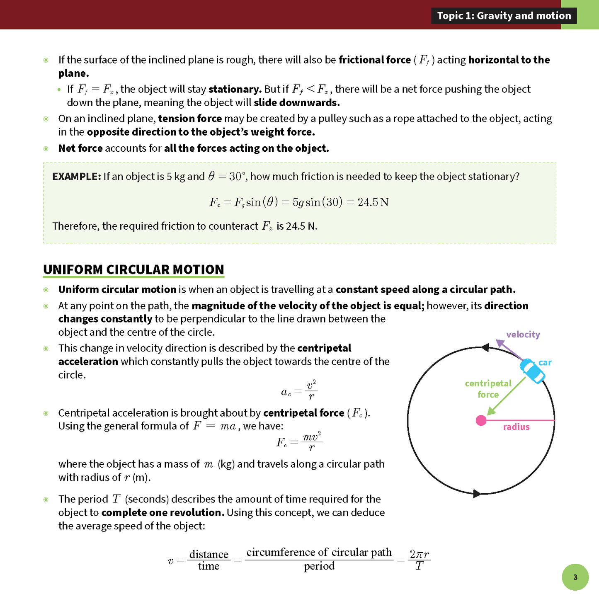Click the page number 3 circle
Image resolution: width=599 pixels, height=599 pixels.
[575, 577]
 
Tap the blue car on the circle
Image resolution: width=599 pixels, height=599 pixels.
[532, 371]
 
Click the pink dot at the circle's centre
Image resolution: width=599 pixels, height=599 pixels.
[481, 421]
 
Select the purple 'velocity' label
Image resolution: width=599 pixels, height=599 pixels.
[523, 335]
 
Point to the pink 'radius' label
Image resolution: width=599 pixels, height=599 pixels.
[516, 427]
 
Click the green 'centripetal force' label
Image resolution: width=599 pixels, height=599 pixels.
[488, 389]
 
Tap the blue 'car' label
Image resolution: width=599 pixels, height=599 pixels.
[545, 362]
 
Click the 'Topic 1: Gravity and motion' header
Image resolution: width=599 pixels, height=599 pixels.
[504, 16]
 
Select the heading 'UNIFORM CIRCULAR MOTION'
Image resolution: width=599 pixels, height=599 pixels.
[133, 269]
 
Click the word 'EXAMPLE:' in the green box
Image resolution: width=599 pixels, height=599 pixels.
[76, 177]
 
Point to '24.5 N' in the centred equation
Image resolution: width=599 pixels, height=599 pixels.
[373, 202]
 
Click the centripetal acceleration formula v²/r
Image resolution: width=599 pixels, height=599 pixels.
[299, 390]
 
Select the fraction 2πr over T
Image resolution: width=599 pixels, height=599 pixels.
[419, 560]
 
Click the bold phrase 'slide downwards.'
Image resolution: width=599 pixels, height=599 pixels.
[296, 103]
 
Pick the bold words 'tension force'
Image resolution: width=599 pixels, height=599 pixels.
[190, 119]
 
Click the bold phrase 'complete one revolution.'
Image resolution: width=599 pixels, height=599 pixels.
[162, 512]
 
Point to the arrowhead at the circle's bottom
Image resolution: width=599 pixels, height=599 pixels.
[477, 494]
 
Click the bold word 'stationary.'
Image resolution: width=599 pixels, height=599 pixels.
[235, 89]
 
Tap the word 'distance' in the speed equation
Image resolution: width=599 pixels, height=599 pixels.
[209, 554]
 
